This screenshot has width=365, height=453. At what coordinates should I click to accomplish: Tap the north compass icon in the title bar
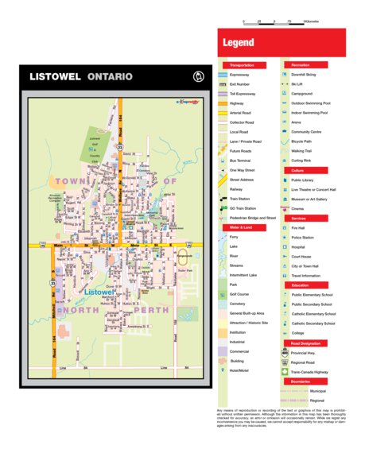[x=199, y=77]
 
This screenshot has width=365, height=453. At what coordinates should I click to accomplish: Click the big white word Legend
[x=239, y=42]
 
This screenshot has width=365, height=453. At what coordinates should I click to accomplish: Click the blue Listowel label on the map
[x=98, y=292]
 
